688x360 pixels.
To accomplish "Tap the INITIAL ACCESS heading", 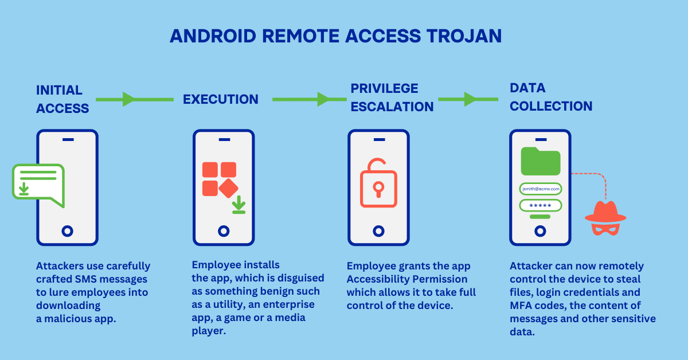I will pyautogui.click(x=62, y=99).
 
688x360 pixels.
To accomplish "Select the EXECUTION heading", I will pyautogui.click(x=221, y=100).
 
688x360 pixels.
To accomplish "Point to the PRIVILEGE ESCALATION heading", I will pyautogui.click(x=392, y=97).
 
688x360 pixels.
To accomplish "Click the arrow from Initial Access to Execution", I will pyautogui.click(x=134, y=100).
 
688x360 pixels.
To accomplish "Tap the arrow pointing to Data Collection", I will pyautogui.click(x=468, y=100).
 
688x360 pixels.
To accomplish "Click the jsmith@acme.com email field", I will pyautogui.click(x=541, y=189).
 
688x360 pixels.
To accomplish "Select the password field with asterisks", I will pyautogui.click(x=540, y=206).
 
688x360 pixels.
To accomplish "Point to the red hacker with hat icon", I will pyautogui.click(x=605, y=218).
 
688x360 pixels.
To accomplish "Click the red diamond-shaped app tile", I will pyautogui.click(x=228, y=187).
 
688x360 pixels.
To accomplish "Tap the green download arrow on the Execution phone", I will pyautogui.click(x=239, y=205).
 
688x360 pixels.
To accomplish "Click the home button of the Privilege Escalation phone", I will pyautogui.click(x=378, y=231).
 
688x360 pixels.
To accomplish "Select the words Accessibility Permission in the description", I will pyautogui.click(x=407, y=279).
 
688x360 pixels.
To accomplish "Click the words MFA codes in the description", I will pyautogui.click(x=529, y=306).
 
